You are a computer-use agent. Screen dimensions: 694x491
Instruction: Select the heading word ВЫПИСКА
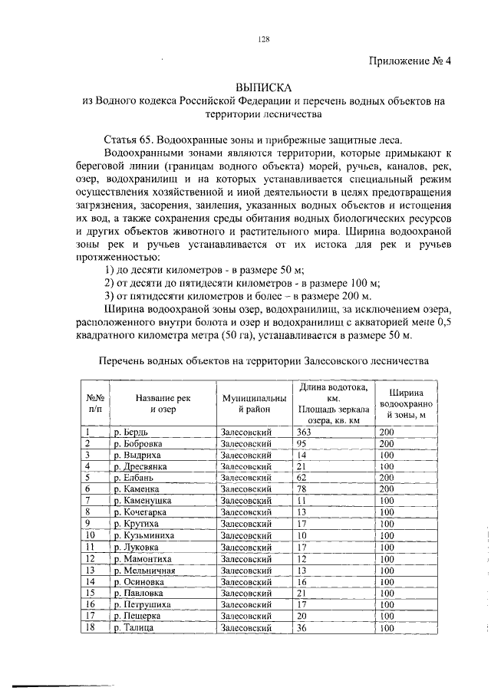coord(263,87)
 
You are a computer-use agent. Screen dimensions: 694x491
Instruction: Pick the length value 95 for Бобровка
coord(302,443)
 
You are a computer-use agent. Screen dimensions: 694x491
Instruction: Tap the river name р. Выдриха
coord(133,455)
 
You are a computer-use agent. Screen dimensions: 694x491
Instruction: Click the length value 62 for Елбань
coord(302,477)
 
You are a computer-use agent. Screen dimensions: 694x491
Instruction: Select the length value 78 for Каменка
coord(302,488)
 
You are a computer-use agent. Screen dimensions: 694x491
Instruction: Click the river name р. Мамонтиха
coord(138,559)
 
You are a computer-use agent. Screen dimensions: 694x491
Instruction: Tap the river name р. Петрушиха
coord(139,605)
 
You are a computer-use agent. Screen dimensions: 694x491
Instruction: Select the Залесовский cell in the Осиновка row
coord(246,582)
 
